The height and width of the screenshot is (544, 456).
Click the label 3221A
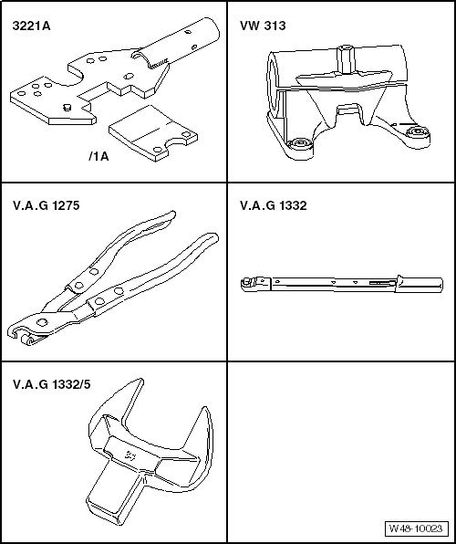click(32, 26)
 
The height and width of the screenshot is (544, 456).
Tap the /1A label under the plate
click(98, 156)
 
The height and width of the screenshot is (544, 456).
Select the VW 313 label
click(263, 26)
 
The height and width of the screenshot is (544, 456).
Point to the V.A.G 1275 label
click(47, 205)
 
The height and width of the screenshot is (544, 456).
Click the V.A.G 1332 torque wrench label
click(274, 205)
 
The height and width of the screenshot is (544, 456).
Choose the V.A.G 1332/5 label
click(52, 384)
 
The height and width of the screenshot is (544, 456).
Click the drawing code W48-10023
click(416, 528)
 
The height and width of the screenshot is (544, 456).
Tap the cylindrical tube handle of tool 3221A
click(181, 44)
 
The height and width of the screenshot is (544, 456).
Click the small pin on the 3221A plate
click(67, 107)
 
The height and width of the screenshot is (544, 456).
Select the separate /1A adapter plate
click(152, 133)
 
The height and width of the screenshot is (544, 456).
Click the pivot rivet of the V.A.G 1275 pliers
click(42, 322)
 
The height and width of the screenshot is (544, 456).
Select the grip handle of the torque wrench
click(420, 285)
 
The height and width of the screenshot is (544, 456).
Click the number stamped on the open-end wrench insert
click(130, 455)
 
